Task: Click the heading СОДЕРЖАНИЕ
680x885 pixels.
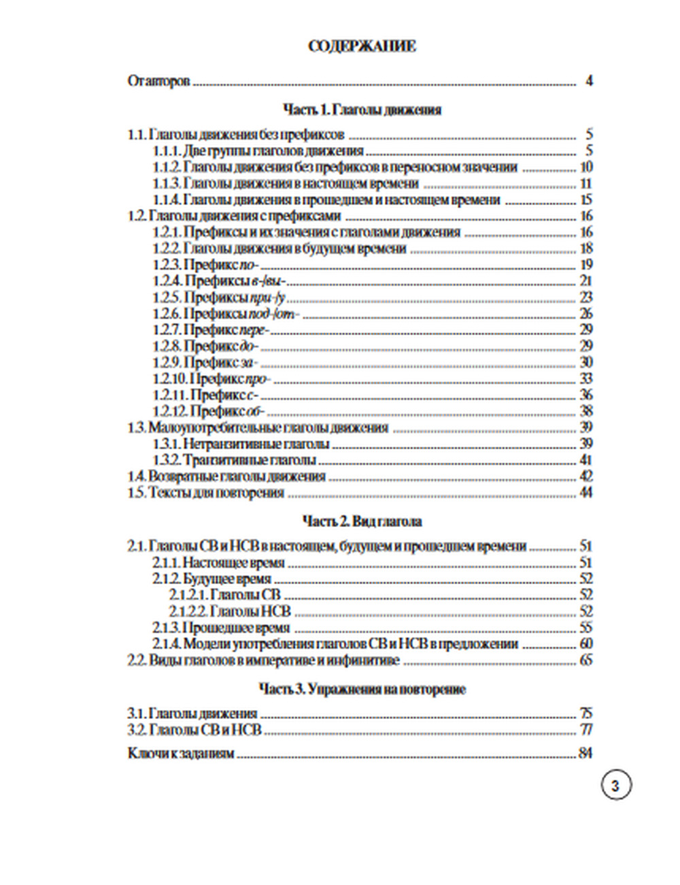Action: point(362,46)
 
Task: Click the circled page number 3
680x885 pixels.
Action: point(616,786)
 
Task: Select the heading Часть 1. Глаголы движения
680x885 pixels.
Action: point(362,110)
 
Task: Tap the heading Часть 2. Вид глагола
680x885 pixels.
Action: point(362,521)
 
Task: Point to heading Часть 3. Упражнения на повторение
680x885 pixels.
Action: point(362,689)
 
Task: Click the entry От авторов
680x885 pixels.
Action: point(158,81)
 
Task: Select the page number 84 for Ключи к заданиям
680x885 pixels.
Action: point(585,754)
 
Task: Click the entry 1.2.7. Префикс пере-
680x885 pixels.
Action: point(211,330)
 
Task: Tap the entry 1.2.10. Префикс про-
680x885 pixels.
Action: point(211,379)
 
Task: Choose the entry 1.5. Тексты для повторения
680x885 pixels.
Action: point(205,493)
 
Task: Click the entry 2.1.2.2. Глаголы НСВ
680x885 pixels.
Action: point(230,611)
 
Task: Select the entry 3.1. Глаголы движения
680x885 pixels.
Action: point(192,713)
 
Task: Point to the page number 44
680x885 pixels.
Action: point(585,493)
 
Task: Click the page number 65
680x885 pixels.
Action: point(585,660)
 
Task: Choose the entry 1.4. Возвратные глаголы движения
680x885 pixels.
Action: point(226,477)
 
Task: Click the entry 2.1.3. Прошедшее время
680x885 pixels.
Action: point(221,628)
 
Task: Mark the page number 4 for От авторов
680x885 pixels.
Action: point(589,81)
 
